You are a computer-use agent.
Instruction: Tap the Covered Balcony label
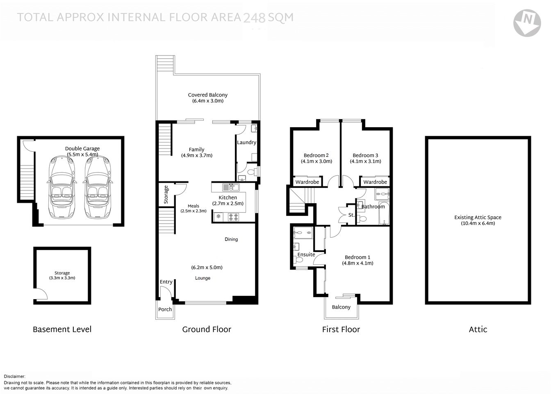click(207, 95)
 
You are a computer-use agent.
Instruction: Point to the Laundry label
click(246, 142)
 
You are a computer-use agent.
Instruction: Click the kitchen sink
click(231, 188)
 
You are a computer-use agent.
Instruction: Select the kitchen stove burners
click(234, 217)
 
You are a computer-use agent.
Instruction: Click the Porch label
click(165, 309)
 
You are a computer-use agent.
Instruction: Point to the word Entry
click(166, 282)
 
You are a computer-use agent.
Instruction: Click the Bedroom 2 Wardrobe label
click(307, 182)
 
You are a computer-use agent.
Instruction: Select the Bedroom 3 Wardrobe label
click(375, 182)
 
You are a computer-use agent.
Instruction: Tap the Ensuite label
click(306, 254)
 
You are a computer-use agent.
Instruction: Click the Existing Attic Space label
click(478, 218)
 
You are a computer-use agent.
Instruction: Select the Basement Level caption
click(62, 329)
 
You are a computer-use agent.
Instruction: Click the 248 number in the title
click(254, 18)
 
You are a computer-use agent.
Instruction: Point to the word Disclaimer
click(15, 376)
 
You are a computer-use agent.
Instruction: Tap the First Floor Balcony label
click(341, 307)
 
